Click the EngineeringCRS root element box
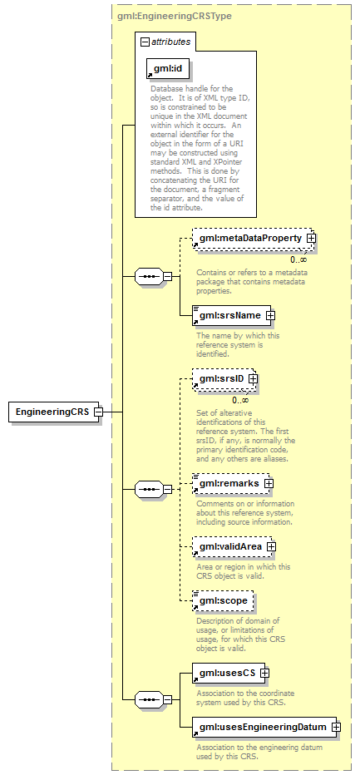click(x=53, y=412)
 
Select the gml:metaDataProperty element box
click(x=254, y=238)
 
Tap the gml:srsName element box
click(x=232, y=315)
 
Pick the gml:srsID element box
click(x=223, y=378)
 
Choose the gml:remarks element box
click(x=231, y=483)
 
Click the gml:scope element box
click(x=223, y=601)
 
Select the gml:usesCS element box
click(x=229, y=673)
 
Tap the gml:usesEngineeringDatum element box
click(x=264, y=727)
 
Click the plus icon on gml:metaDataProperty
click(x=311, y=238)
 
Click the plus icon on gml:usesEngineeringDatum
click(x=336, y=727)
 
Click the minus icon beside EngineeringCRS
click(x=98, y=412)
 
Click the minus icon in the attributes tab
click(x=145, y=42)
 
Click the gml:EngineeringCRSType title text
click(x=175, y=17)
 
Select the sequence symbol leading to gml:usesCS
click(x=149, y=700)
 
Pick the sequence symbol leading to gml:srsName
click(x=149, y=276)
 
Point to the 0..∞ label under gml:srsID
click(x=241, y=400)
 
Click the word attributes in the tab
click(x=171, y=42)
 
